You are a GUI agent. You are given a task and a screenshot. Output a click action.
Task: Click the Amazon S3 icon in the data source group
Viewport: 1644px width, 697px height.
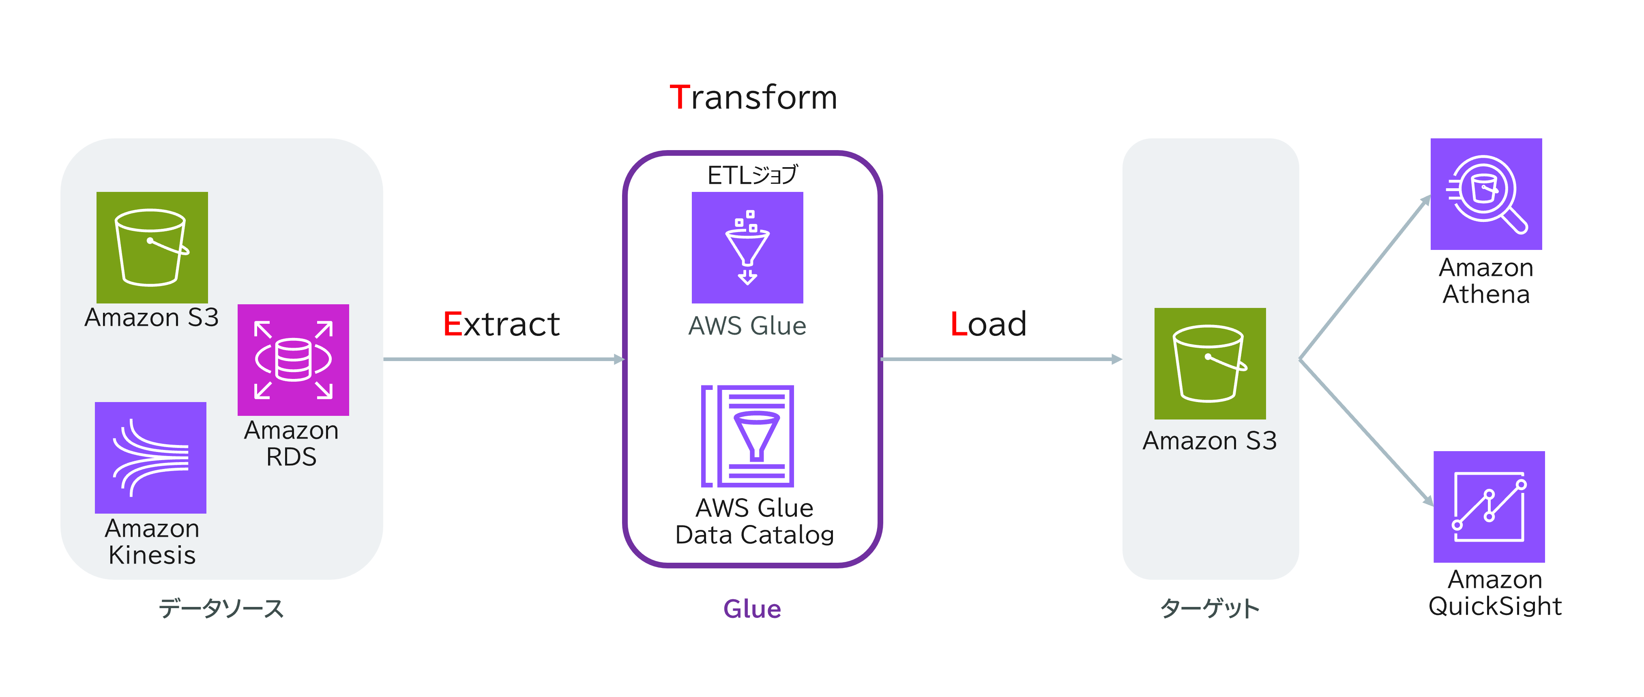[x=152, y=247]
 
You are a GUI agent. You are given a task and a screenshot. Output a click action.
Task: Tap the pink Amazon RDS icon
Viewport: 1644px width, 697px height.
[x=293, y=359]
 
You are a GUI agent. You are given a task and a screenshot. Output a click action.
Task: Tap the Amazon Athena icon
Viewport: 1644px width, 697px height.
[x=1486, y=194]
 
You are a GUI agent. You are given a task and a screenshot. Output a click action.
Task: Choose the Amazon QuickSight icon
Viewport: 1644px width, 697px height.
[x=1489, y=506]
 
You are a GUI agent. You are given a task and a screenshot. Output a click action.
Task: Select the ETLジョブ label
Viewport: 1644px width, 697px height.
[x=752, y=175]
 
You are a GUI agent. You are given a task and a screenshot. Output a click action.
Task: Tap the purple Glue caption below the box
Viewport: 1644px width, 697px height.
[x=752, y=609]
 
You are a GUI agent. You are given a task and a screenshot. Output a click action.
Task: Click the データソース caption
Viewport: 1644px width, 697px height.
[x=221, y=608]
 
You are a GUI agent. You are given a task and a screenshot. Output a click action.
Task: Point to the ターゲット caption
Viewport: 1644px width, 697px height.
[x=1209, y=608]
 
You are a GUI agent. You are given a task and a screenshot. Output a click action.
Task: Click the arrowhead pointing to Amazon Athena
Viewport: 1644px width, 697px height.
[x=1425, y=201]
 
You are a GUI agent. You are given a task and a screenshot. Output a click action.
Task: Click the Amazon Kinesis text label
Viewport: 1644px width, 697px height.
[x=152, y=542]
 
